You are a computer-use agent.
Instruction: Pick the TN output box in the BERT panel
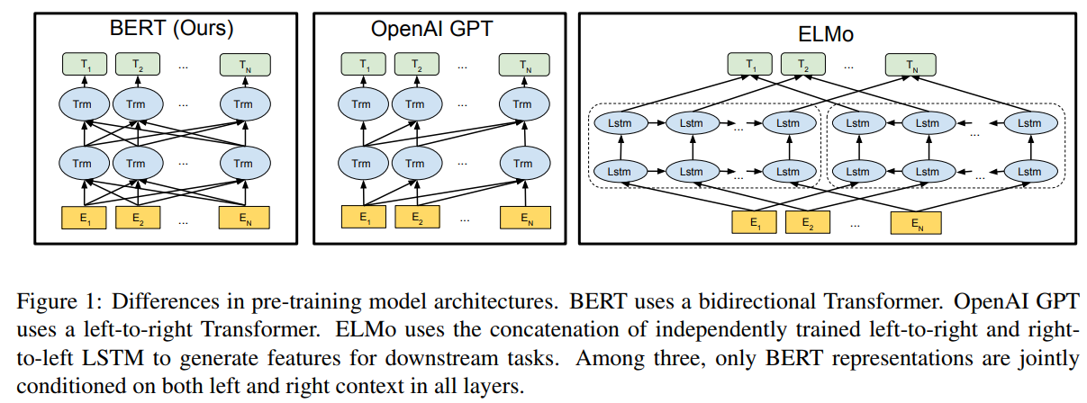[x=243, y=65]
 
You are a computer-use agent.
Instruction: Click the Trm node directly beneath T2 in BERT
[x=135, y=104]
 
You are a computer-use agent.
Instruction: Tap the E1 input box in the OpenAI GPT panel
[x=361, y=217]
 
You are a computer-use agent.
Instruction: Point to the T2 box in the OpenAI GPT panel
[x=415, y=65]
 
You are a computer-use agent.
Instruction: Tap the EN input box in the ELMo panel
[x=916, y=222]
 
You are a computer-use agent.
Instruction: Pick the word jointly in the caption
[x=1044, y=358]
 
